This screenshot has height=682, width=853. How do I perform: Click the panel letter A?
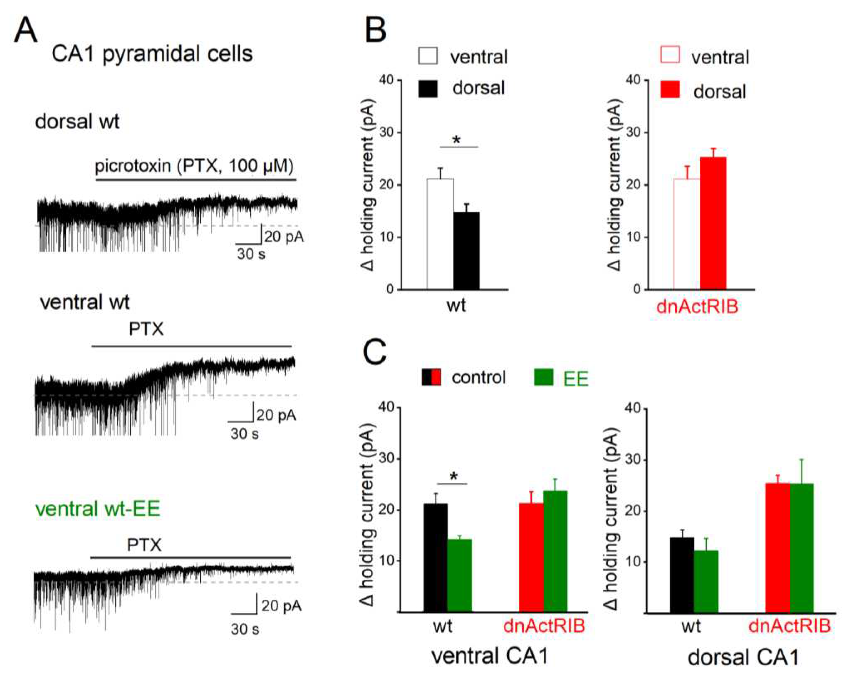tap(26, 31)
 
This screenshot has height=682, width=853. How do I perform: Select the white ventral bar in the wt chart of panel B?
tap(440, 234)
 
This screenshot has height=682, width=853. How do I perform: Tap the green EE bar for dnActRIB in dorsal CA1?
tap(801, 548)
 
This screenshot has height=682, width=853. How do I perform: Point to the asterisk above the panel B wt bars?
tap(457, 140)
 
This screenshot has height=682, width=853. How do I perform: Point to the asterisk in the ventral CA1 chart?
tap(454, 476)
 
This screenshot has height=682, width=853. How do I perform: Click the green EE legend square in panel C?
tap(543, 377)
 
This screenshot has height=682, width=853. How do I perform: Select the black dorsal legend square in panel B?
tap(428, 89)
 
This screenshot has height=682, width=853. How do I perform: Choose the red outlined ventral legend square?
tap(670, 55)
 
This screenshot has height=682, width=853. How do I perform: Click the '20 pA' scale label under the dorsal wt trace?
tap(284, 237)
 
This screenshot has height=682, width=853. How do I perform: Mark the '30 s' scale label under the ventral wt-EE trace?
tap(245, 629)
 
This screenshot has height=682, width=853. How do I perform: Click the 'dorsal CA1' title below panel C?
tap(743, 658)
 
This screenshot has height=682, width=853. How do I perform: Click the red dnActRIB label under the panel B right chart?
tap(697, 307)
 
